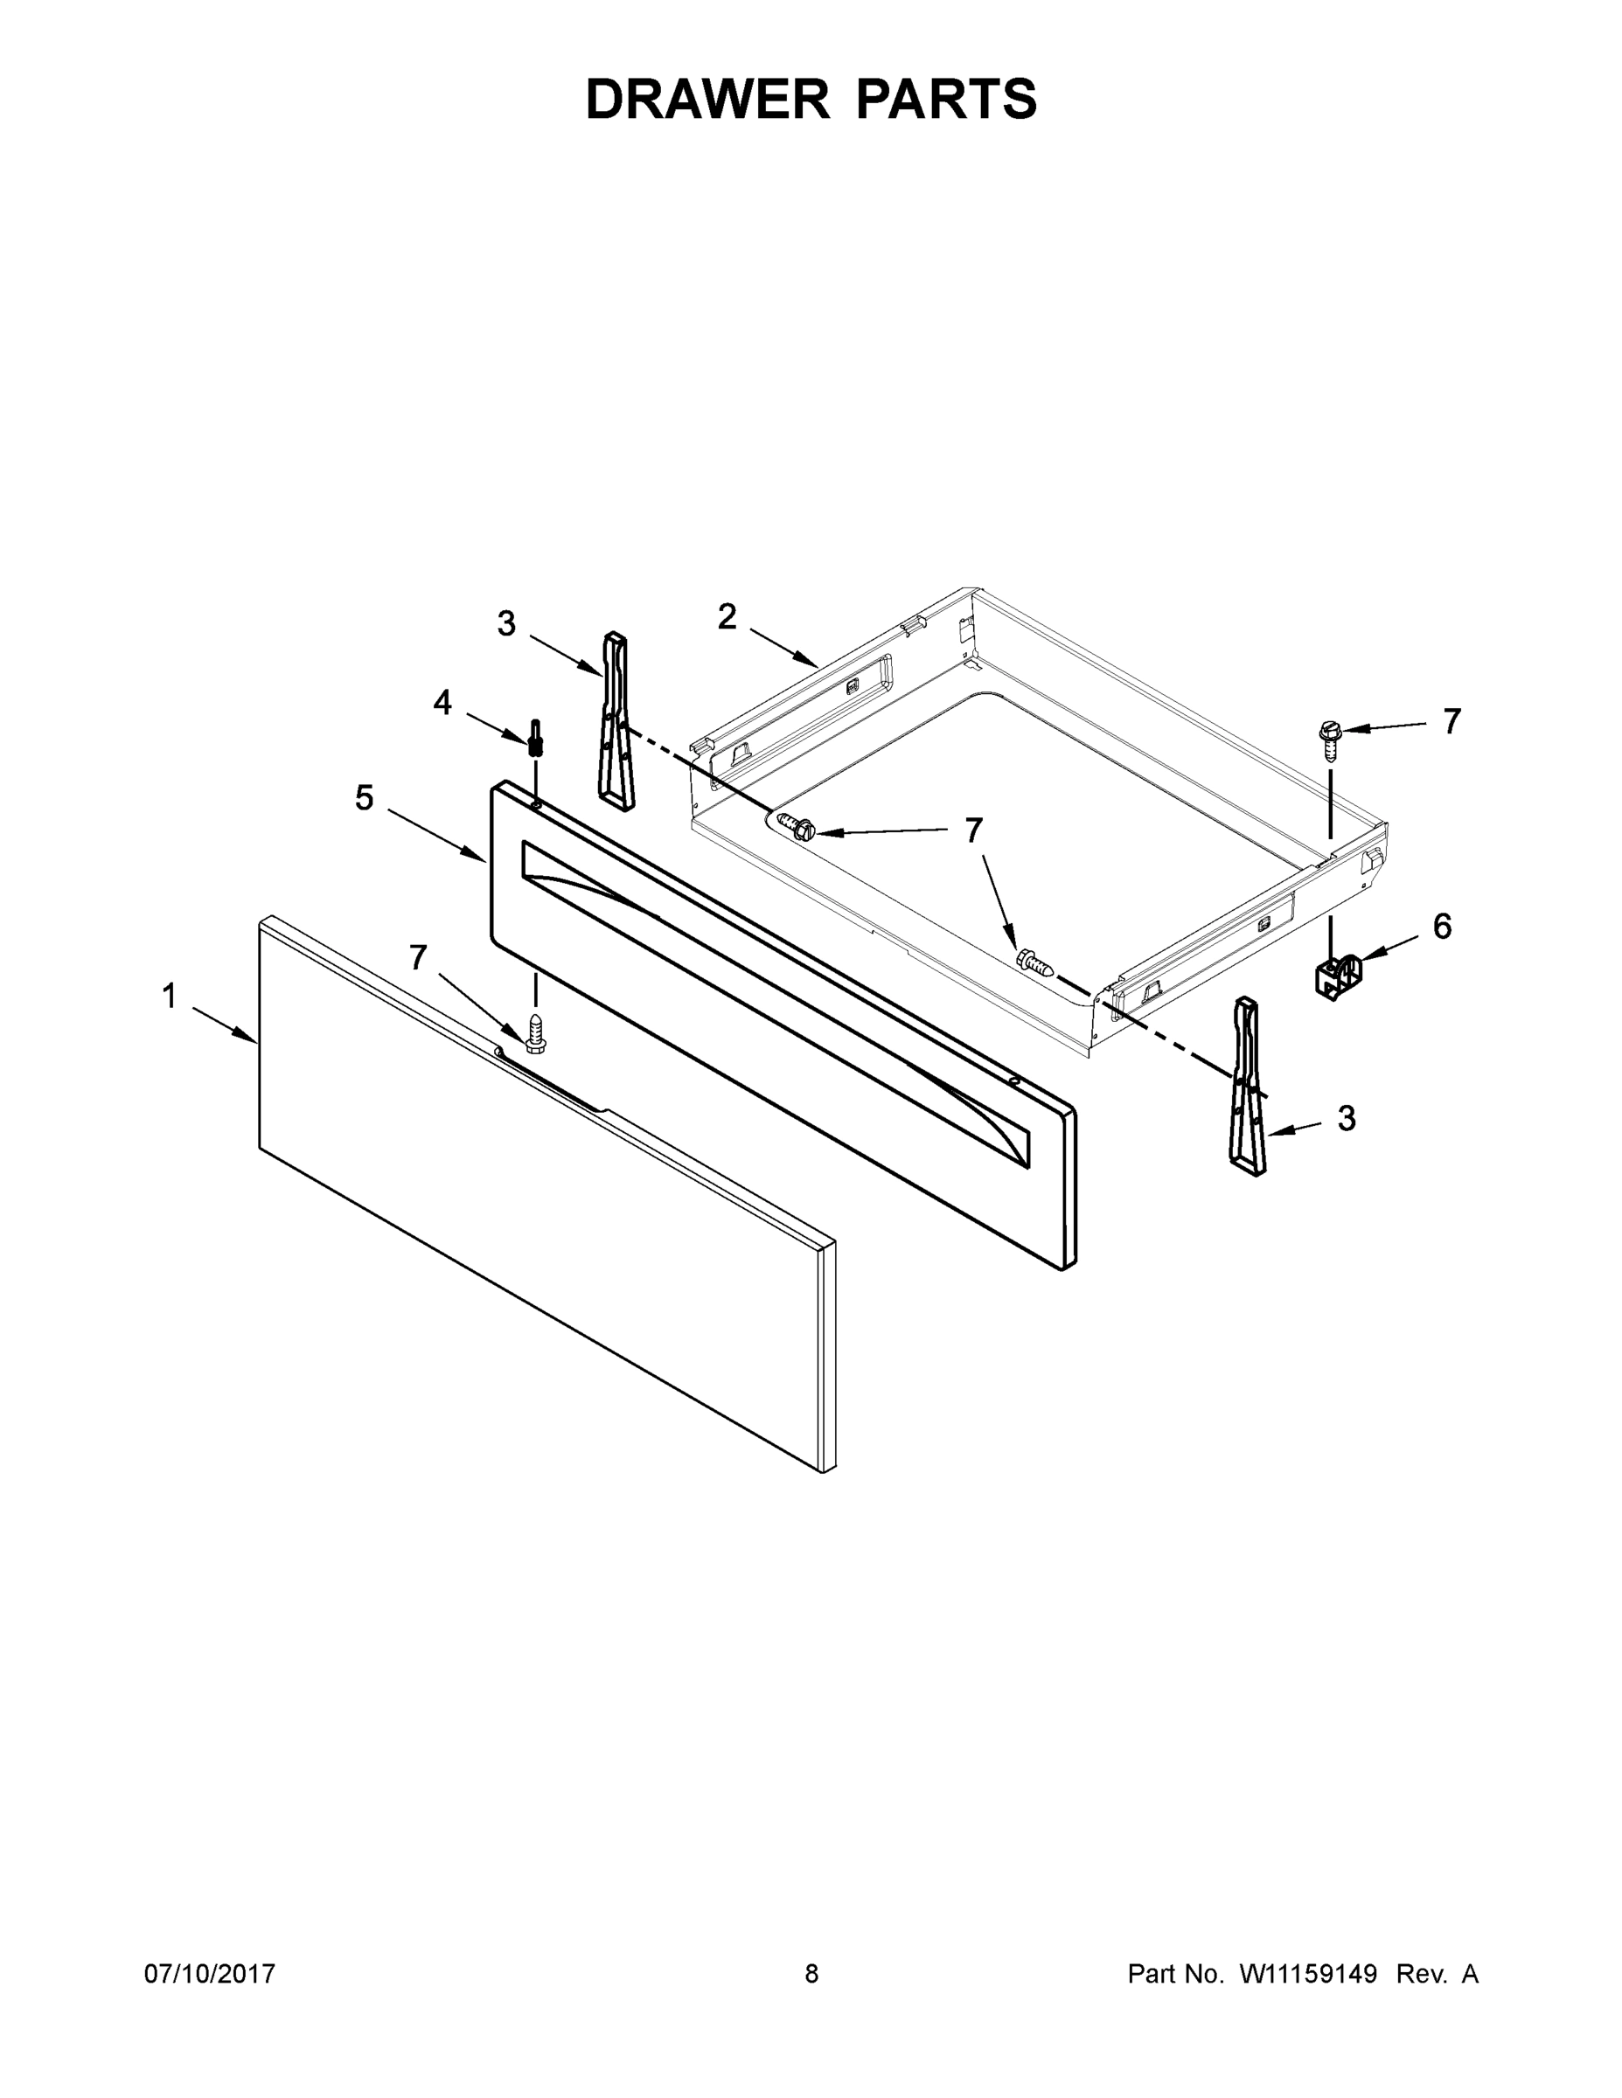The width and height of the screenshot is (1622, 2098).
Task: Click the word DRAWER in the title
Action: pos(707,99)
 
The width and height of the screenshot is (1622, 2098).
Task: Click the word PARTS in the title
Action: pos(945,99)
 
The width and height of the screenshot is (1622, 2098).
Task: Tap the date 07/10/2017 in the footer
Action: pos(210,1973)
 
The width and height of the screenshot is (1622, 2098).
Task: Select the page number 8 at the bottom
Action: pos(811,1973)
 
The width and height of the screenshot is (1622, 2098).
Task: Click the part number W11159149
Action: pos(1308,1973)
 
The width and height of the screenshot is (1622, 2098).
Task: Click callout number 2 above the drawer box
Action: pos(727,616)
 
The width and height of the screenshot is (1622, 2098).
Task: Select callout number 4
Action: pos(442,703)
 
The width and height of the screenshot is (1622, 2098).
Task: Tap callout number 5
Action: pos(364,797)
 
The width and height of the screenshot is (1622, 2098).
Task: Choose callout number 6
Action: pos(1442,927)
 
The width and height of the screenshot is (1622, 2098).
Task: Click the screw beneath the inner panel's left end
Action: pos(535,1029)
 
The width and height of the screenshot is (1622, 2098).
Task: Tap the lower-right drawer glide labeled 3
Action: pos(1249,1086)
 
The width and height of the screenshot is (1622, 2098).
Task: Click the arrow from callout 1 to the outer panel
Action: pos(225,1024)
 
